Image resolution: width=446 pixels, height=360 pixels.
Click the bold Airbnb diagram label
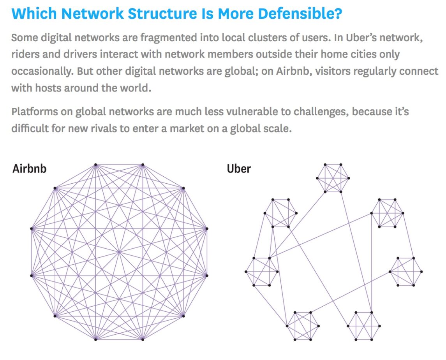(29, 169)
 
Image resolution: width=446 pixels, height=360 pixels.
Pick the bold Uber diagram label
(239, 169)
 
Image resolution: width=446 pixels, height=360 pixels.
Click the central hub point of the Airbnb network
(119, 252)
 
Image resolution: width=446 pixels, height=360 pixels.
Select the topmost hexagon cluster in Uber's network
(333, 178)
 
